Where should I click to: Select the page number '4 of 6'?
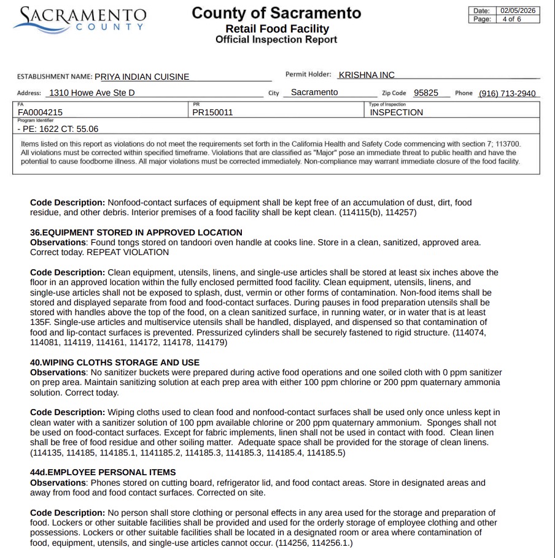pos(511,19)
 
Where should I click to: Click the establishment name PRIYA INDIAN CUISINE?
pos(142,77)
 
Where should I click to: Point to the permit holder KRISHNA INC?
pos(366,75)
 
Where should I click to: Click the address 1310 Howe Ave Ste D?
pos(91,93)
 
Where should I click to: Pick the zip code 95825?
pos(426,93)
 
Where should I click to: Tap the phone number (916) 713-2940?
pos(508,93)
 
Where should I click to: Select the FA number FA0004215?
pos(40,112)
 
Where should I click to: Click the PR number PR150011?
pos(212,112)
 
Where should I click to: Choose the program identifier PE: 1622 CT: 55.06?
pos(58,129)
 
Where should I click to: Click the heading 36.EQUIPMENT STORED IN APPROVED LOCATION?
pos(136,232)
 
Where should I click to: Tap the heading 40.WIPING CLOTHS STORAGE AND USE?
pos(115,362)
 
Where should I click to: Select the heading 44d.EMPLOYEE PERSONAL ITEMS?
pos(103,472)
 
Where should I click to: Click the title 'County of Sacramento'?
pos(276,13)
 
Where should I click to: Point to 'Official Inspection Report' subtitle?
pos(276,40)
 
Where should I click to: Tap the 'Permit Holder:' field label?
pos(308,74)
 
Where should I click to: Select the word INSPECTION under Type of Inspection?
pos(396,112)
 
